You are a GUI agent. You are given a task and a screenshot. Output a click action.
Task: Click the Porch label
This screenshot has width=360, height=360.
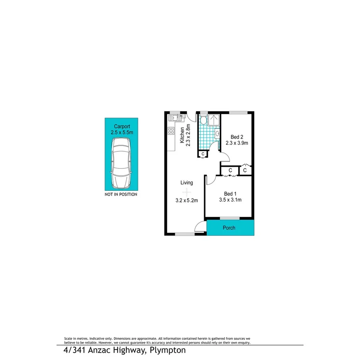pos(229,228)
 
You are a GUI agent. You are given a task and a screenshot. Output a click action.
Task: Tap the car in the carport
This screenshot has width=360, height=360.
pos(121,163)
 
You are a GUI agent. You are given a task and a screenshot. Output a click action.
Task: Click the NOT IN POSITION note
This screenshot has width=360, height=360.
pos(121,194)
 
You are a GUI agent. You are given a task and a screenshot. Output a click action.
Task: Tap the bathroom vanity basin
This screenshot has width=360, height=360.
pos(217,134)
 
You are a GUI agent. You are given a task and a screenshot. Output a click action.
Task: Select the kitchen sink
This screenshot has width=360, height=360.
pos(173,116)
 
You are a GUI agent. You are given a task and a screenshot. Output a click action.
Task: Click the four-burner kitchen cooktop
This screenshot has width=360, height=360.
pos(171,131)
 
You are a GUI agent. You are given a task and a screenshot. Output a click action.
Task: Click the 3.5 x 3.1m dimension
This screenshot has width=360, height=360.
pos(231,200)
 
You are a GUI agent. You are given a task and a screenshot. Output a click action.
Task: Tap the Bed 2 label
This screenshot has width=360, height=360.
pos(236,137)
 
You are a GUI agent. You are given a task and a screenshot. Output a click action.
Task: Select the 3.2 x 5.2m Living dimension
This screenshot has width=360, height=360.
pos(187,200)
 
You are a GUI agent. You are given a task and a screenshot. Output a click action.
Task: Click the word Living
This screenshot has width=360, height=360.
pos(187,183)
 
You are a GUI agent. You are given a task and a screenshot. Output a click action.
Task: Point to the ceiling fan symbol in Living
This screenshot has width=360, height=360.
pos(187,191)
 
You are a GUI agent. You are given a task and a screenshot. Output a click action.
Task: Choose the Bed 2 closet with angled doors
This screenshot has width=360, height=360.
pos(245,170)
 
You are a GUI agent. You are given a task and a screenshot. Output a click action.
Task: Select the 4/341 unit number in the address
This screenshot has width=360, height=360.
pos(75,351)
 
